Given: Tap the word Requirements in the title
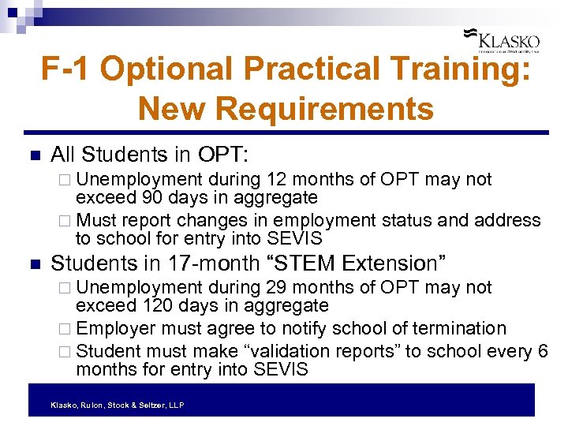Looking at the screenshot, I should click(x=286, y=108).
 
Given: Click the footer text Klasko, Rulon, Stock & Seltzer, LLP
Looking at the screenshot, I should click(x=117, y=405).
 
